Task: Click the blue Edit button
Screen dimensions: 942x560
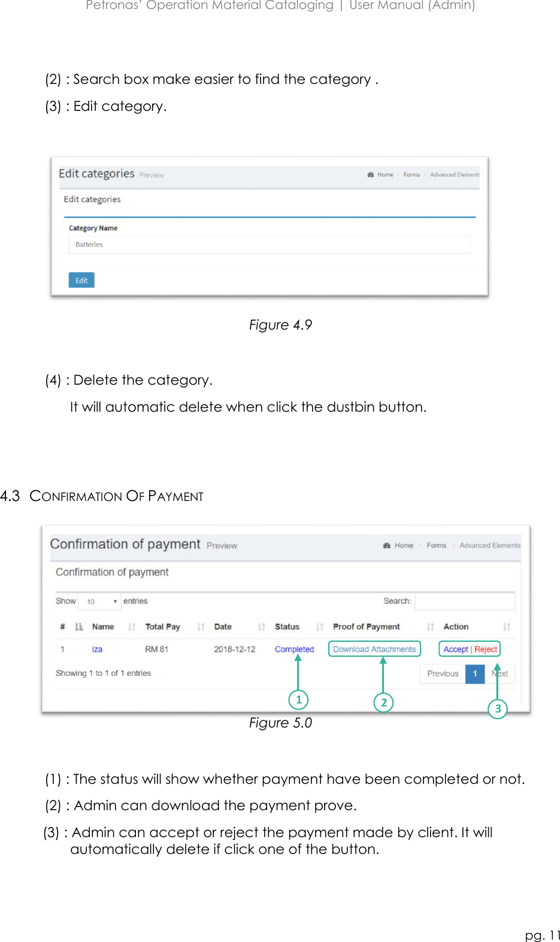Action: [x=81, y=280]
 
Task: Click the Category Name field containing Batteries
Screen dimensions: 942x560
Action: [x=269, y=244]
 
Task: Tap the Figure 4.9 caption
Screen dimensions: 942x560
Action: [x=280, y=325]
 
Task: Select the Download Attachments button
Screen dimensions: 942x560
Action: [x=374, y=649]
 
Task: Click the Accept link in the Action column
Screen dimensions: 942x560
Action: [x=455, y=649]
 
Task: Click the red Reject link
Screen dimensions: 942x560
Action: [x=486, y=649]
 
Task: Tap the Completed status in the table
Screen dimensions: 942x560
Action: [x=294, y=649]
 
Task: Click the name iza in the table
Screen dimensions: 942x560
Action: [x=97, y=649]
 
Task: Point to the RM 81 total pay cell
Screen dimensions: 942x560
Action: [x=156, y=649]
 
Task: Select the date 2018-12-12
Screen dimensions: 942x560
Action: [x=235, y=649]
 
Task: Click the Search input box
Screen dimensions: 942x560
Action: [x=464, y=601]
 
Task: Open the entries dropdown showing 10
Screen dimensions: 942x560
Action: [x=100, y=601]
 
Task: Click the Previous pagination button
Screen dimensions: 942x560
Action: [x=443, y=674]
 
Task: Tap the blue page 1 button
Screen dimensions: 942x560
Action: [x=475, y=674]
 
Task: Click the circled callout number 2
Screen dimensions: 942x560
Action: [x=384, y=702]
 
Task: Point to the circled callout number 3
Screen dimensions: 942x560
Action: [x=498, y=709]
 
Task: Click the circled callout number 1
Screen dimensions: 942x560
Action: [x=298, y=699]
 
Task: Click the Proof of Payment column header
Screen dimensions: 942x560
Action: [x=366, y=627]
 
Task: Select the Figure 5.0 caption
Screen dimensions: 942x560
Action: [x=280, y=723]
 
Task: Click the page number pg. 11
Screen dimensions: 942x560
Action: [x=543, y=935]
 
